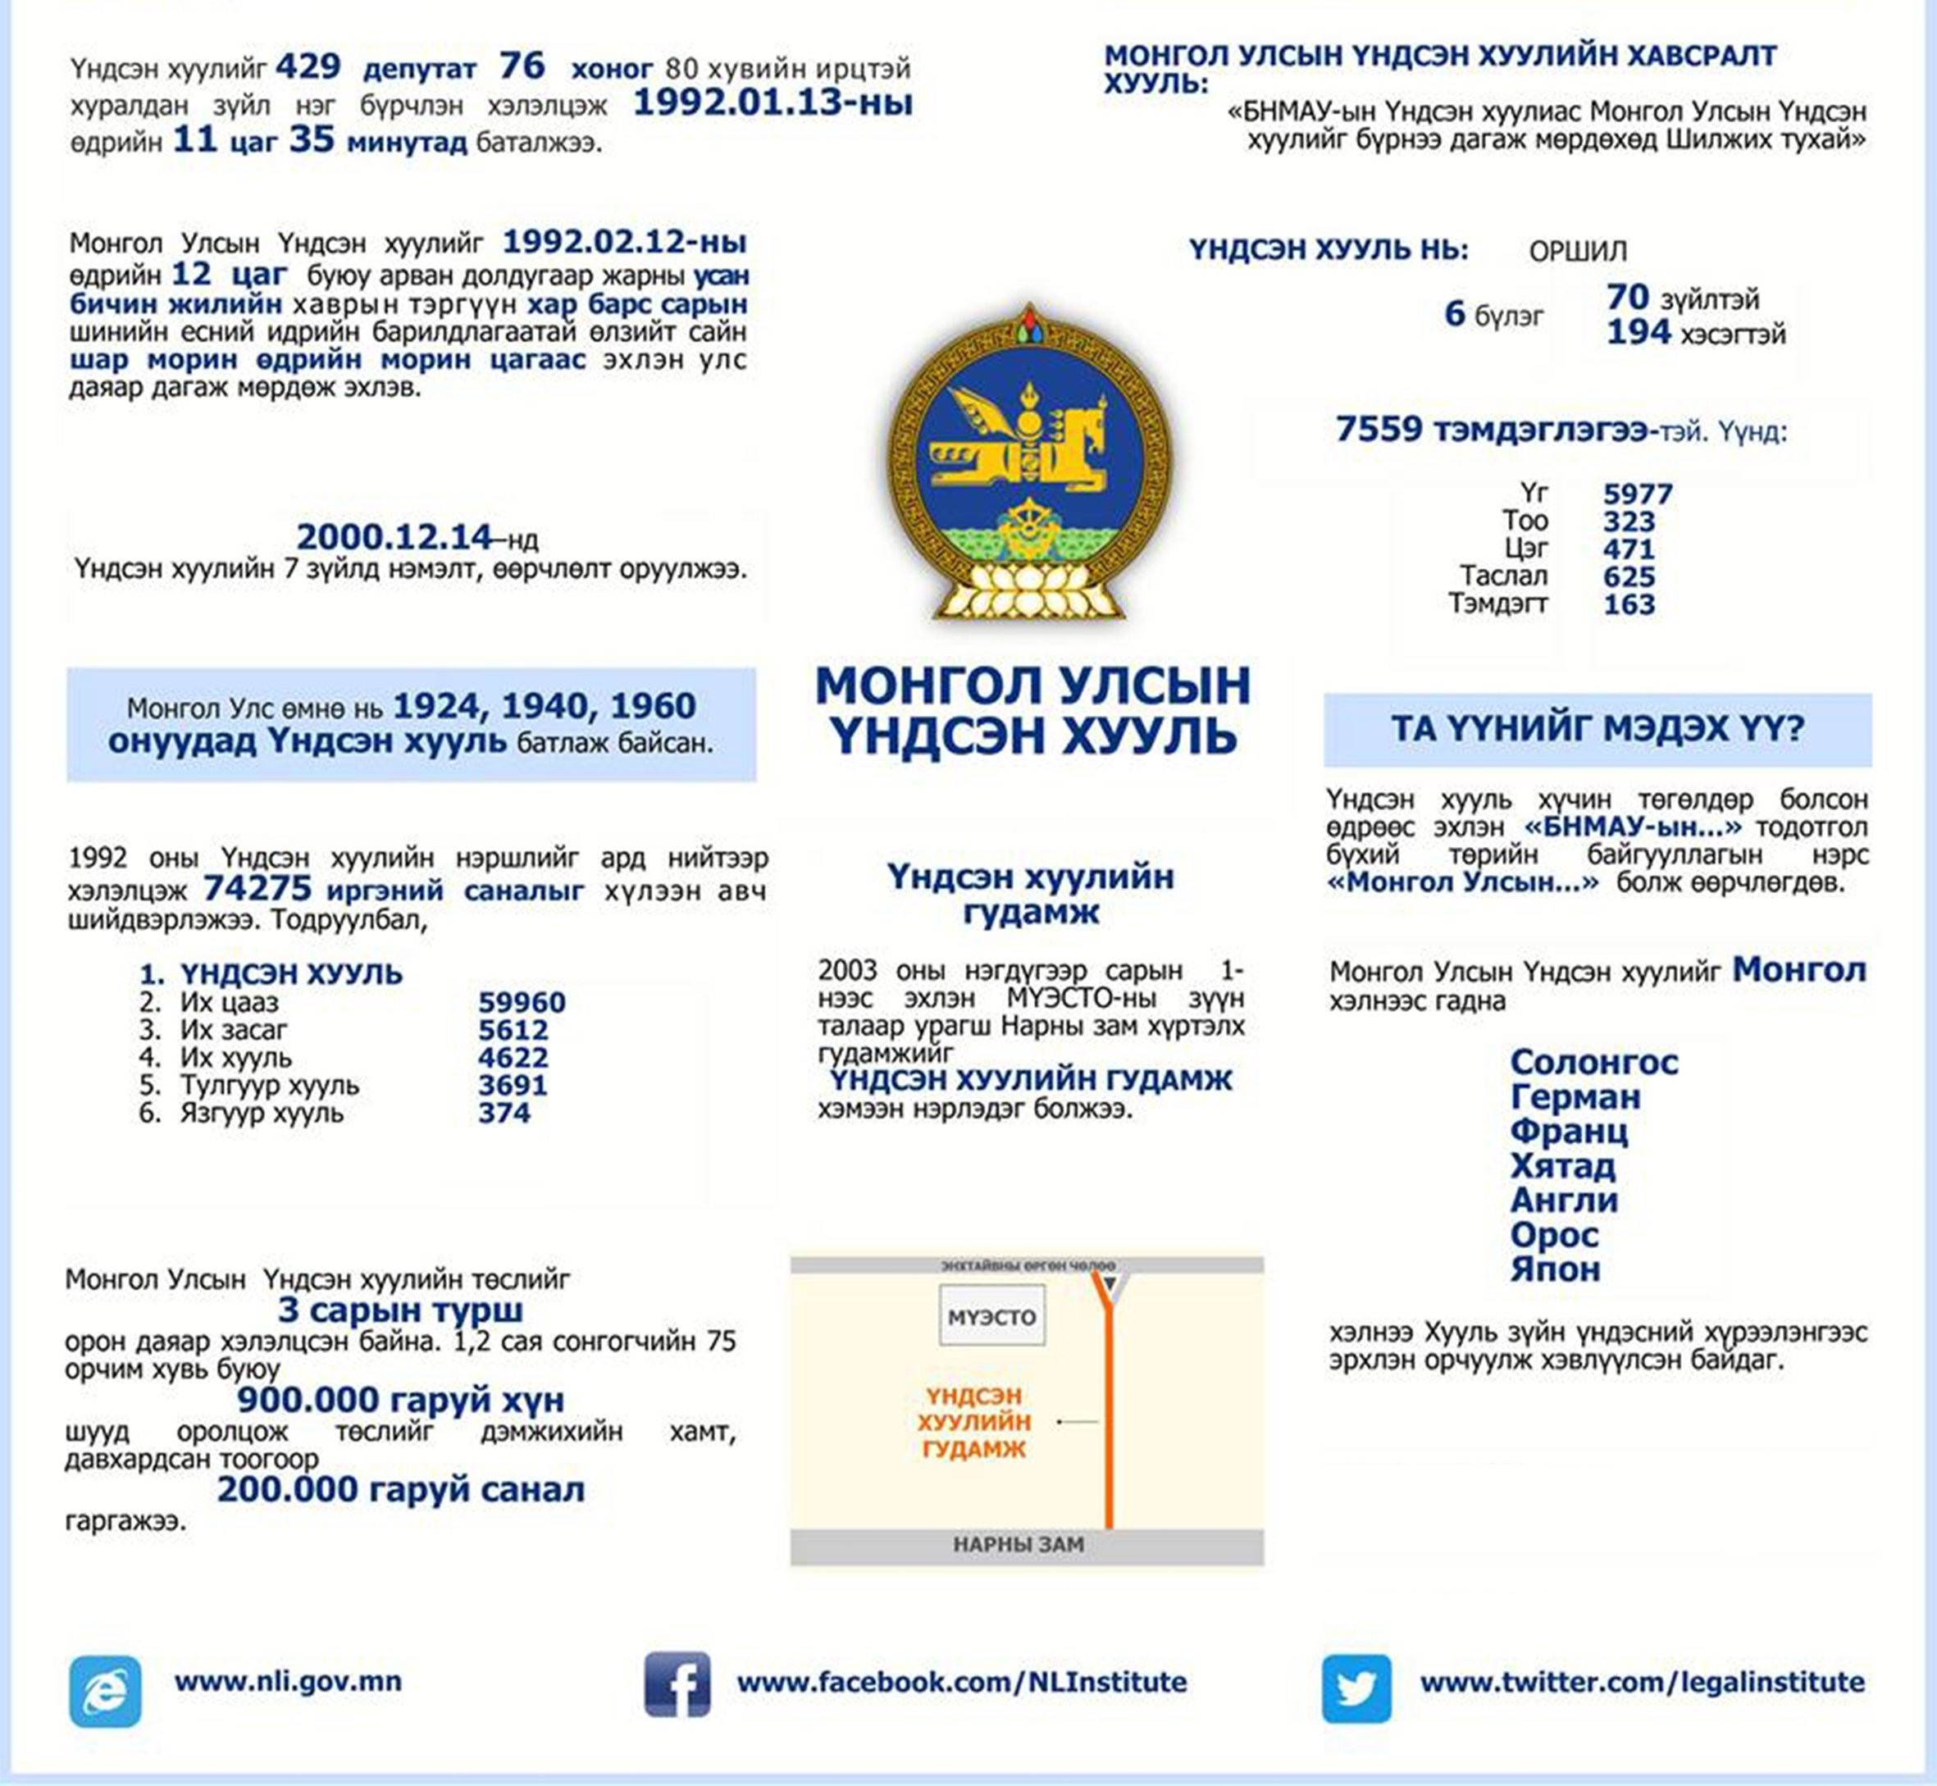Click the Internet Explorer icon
[105, 1690]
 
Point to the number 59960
[522, 1002]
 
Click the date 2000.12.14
[394, 536]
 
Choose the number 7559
[1379, 428]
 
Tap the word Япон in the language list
[1554, 1269]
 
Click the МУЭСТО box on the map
[991, 1315]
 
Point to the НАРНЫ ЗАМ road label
[1018, 1544]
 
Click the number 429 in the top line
[308, 66]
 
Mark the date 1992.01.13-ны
[773, 103]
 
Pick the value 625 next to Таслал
[1629, 577]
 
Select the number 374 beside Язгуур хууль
[504, 1113]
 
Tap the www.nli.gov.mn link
[288, 1681]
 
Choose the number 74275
[258, 888]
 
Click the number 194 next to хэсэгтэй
[1638, 332]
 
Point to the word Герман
[1575, 1097]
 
